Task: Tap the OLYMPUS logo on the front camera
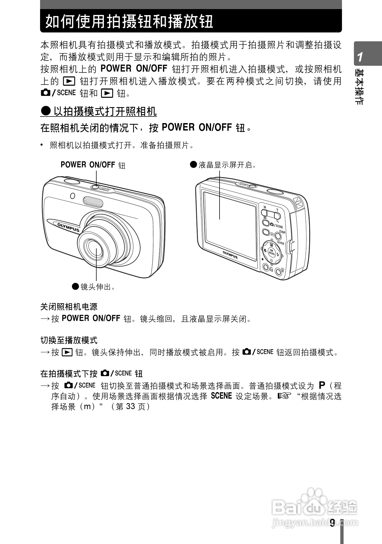click(68, 227)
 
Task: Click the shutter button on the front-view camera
click(72, 181)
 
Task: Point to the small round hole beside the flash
click(72, 196)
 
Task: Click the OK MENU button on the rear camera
click(271, 252)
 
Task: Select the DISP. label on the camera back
click(282, 232)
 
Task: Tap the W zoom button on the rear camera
click(264, 212)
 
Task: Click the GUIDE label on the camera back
click(280, 243)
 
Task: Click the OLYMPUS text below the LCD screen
click(230, 255)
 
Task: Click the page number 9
click(332, 523)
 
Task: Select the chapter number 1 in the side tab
click(360, 57)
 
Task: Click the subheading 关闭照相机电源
click(69, 307)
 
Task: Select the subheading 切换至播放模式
click(69, 340)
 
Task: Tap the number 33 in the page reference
click(131, 406)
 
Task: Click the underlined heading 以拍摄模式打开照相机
click(105, 112)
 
